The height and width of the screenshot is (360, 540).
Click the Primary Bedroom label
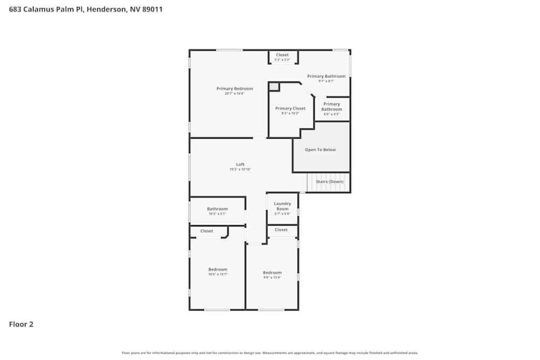pyautogui.click(x=234, y=89)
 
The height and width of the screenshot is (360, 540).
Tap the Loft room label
pyautogui.click(x=240, y=164)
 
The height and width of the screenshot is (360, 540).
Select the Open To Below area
pyautogui.click(x=320, y=150)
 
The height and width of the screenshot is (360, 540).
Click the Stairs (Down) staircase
pyautogui.click(x=329, y=182)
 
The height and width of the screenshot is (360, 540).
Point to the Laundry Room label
pyautogui.click(x=282, y=206)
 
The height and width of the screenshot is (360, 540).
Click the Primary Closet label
pyautogui.click(x=290, y=108)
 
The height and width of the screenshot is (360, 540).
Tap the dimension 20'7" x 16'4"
pyautogui.click(x=234, y=94)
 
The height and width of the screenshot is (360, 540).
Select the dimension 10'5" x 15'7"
pyautogui.click(x=218, y=274)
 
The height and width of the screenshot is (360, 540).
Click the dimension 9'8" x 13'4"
pyautogui.click(x=272, y=277)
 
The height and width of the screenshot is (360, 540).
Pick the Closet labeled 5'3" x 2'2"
pyautogui.click(x=282, y=57)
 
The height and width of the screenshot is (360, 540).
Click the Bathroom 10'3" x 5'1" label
pyautogui.click(x=218, y=209)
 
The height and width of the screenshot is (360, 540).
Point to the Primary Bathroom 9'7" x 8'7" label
pyautogui.click(x=326, y=77)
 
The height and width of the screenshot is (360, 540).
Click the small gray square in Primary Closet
pyautogui.click(x=274, y=86)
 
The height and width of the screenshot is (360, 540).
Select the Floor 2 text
pyautogui.click(x=21, y=324)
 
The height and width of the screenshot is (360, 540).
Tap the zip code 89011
pyautogui.click(x=152, y=9)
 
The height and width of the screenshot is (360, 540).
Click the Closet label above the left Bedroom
pyautogui.click(x=206, y=231)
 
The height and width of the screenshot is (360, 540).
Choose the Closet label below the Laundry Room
pyautogui.click(x=281, y=230)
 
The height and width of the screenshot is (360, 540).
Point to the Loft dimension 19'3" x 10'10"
pyautogui.click(x=240, y=169)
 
